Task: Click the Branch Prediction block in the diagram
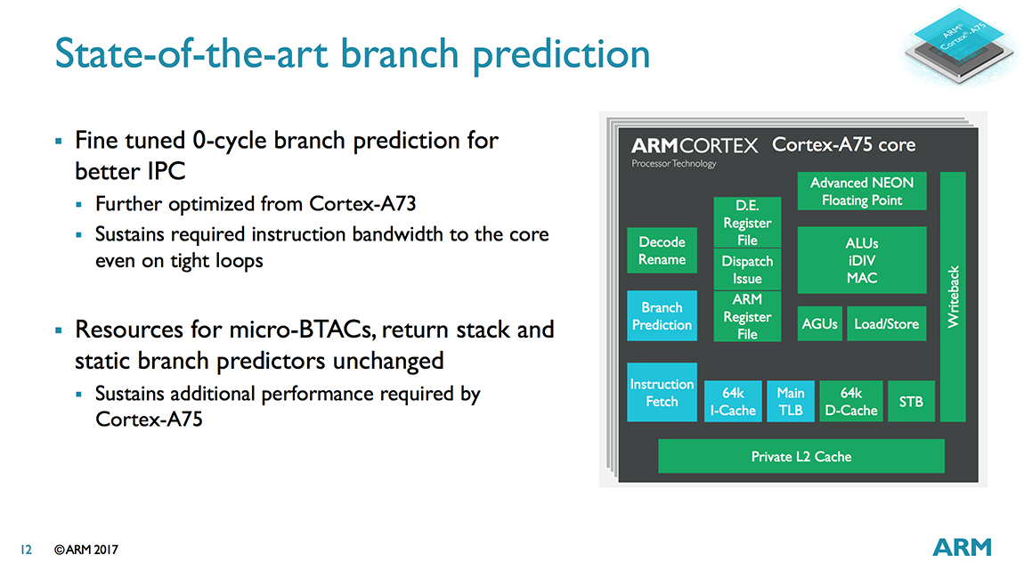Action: [662, 315]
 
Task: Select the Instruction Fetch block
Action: [662, 392]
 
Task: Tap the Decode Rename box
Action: [662, 250]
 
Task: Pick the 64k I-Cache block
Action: [733, 401]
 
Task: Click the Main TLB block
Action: [790, 401]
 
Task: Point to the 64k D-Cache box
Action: [851, 401]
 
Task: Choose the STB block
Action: [911, 401]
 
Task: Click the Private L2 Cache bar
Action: [801, 456]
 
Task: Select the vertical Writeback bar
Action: [953, 297]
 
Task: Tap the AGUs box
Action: [819, 323]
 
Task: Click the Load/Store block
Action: [886, 323]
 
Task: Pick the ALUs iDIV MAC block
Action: [861, 260]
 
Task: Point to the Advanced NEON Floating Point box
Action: [861, 191]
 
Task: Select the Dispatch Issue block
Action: [747, 269]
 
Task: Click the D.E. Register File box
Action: [747, 222]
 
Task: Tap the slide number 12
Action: [26, 550]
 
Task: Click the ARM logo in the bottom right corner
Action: [962, 547]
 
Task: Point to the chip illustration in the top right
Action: [959, 45]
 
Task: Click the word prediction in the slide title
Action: [562, 55]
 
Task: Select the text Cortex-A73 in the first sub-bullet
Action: [362, 204]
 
